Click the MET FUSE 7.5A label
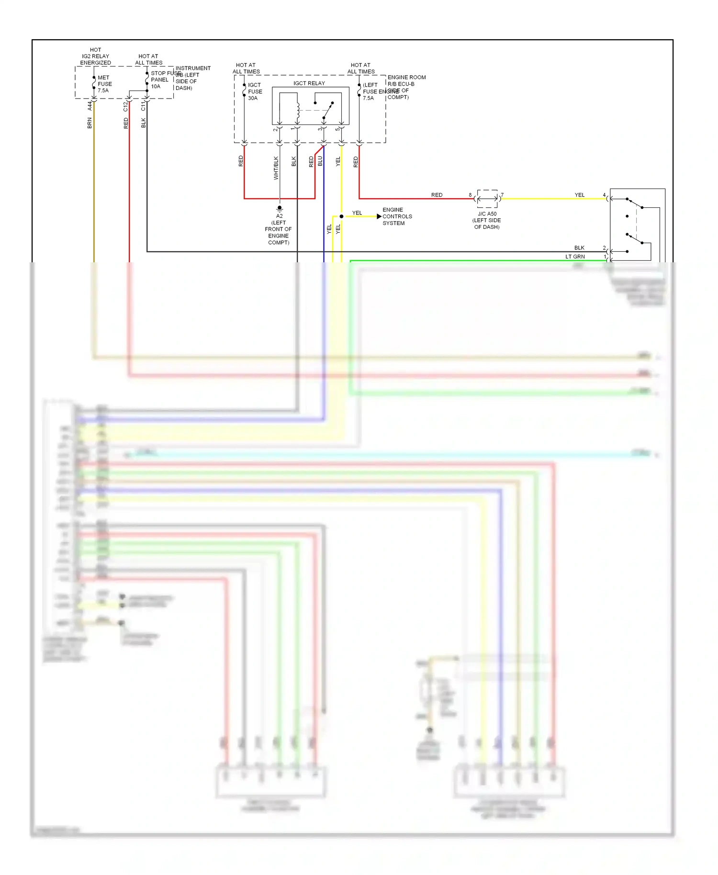coord(104,84)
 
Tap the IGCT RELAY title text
coord(309,83)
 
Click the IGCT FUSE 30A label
coord(255,91)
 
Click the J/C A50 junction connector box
coord(487,198)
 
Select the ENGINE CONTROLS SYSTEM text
coord(397,216)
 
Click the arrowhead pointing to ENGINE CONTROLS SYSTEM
coord(379,216)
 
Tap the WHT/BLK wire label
coord(276,168)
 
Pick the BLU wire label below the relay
coord(320,161)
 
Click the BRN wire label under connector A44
coord(90,123)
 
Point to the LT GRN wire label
coord(575,257)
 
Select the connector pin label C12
coord(126,106)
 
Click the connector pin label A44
coord(90,106)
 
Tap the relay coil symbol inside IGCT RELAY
coord(298,111)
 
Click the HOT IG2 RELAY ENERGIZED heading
coord(95,56)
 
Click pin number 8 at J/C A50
coord(470,195)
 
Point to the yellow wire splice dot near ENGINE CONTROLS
coord(341,216)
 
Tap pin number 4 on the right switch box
coord(604,195)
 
